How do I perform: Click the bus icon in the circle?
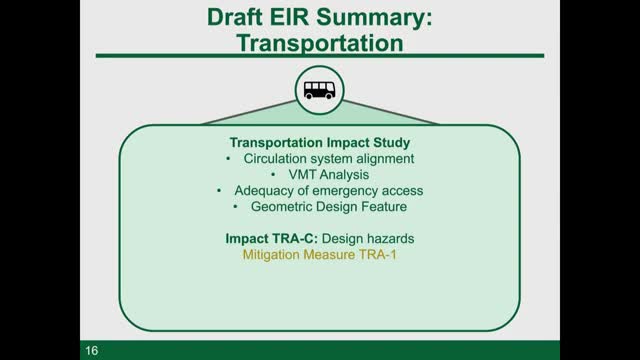[x=319, y=90]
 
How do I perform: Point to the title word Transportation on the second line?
[x=319, y=43]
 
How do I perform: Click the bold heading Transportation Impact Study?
[x=319, y=142]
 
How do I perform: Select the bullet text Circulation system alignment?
[x=329, y=158]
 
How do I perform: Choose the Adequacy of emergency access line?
[x=329, y=190]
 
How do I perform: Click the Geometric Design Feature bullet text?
[x=329, y=206]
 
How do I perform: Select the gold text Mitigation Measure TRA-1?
[x=319, y=255]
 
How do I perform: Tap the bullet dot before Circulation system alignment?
[x=231, y=158]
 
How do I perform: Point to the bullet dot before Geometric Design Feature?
[x=235, y=206]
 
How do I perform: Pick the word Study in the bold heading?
[x=388, y=142]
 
